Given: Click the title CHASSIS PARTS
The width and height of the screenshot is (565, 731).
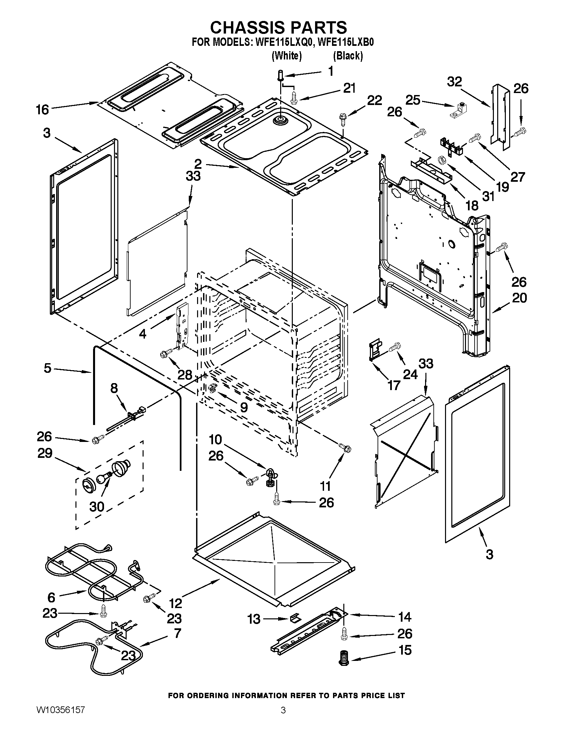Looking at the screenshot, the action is [278, 27].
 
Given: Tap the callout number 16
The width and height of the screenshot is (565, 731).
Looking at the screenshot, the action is [43, 109].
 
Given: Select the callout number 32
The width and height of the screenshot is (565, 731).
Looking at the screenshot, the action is [454, 82].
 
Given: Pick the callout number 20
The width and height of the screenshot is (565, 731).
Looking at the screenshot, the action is [519, 298].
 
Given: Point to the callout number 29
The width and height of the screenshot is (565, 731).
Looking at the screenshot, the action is [45, 453].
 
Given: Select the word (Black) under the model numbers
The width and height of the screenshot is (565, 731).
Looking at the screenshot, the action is [348, 55].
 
